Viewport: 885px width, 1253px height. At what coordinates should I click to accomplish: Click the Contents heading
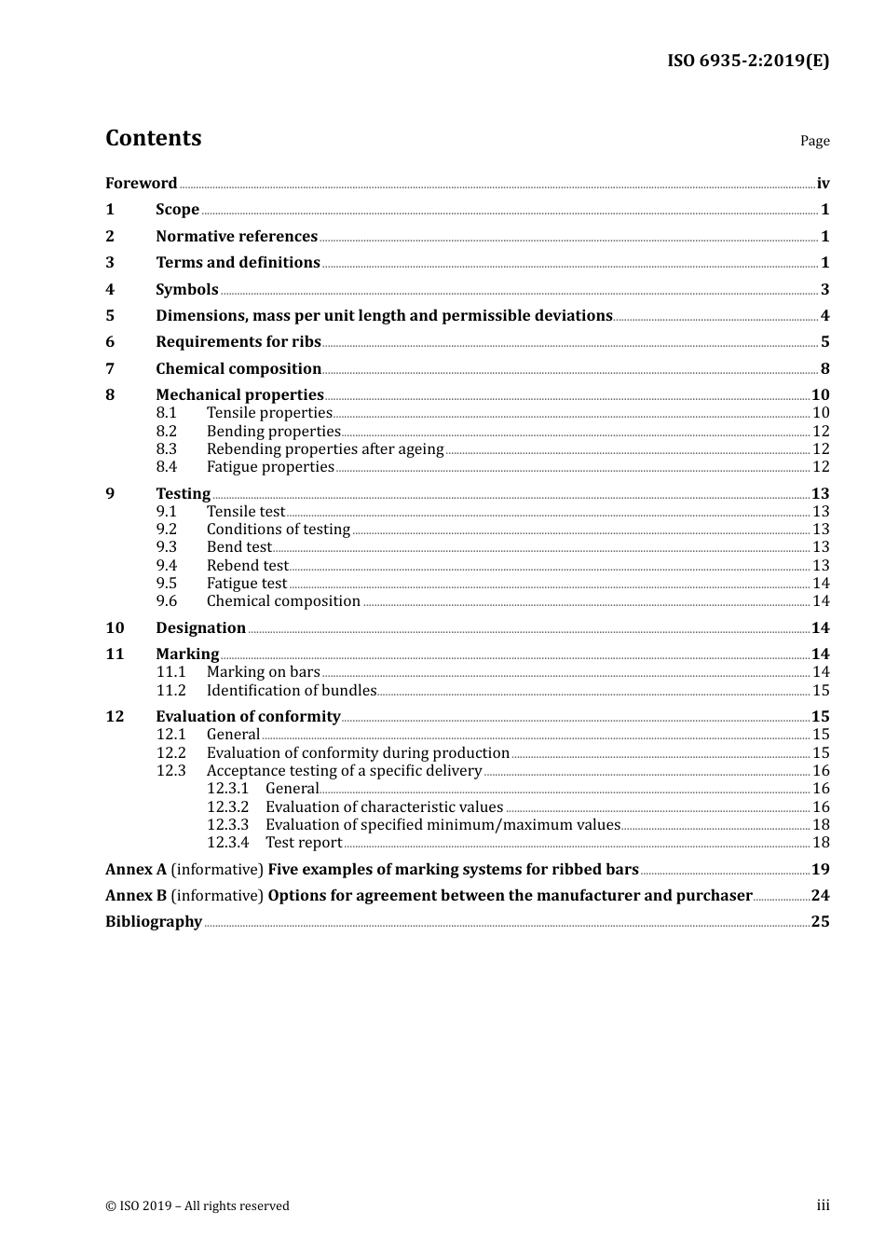pyautogui.click(x=153, y=138)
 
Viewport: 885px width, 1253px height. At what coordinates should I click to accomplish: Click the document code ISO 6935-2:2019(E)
pyautogui.click(x=747, y=62)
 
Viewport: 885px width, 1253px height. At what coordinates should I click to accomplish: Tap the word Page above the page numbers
pyautogui.click(x=814, y=141)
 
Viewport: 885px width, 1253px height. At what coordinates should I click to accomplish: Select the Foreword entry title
pyautogui.click(x=141, y=184)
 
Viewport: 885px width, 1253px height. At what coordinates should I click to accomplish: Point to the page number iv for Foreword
pyautogui.click(x=823, y=184)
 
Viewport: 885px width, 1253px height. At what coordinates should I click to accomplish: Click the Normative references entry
pyautogui.click(x=237, y=237)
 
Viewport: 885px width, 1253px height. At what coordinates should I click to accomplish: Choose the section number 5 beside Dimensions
pyautogui.click(x=110, y=316)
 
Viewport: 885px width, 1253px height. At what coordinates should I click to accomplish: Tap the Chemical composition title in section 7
pyautogui.click(x=238, y=369)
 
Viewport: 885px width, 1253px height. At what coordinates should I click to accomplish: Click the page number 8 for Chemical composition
pyautogui.click(x=824, y=369)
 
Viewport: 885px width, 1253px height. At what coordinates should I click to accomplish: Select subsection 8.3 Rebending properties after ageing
pyautogui.click(x=325, y=449)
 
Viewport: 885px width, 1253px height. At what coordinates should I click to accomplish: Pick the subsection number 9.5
pyautogui.click(x=167, y=584)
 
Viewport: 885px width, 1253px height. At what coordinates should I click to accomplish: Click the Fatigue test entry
pyautogui.click(x=247, y=584)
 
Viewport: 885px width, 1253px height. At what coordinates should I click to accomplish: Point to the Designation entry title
pyautogui.click(x=200, y=628)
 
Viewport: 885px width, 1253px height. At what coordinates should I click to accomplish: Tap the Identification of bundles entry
pyautogui.click(x=292, y=691)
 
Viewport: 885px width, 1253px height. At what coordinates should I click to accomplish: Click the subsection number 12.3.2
pyautogui.click(x=227, y=807)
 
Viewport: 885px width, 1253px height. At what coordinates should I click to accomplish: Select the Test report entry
pyautogui.click(x=304, y=843)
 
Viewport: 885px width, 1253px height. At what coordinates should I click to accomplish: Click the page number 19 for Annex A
pyautogui.click(x=820, y=870)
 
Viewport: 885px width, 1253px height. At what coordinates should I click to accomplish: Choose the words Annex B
pyautogui.click(x=136, y=896)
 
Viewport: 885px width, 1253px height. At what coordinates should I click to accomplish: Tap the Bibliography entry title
pyautogui.click(x=154, y=922)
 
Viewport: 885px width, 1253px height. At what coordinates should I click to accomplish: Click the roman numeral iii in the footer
pyautogui.click(x=823, y=1205)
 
